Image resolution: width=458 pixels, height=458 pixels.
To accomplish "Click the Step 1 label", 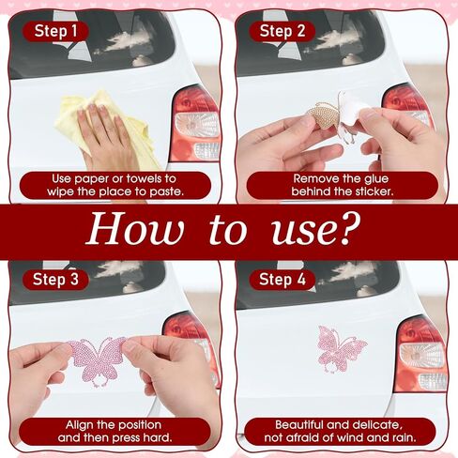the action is tap(55, 31).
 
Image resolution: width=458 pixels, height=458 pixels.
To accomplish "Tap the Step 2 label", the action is tap(282, 31).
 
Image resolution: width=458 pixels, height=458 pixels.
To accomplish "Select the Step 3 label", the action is tap(55, 280).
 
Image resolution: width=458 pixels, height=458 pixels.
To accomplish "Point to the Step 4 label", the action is tap(282, 280).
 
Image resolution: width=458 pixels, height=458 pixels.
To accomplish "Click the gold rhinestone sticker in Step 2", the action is tap(324, 114).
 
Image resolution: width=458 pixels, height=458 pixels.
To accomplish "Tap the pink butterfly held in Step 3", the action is tap(97, 359).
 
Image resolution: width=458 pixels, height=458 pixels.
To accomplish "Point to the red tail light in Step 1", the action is tap(195, 124).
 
